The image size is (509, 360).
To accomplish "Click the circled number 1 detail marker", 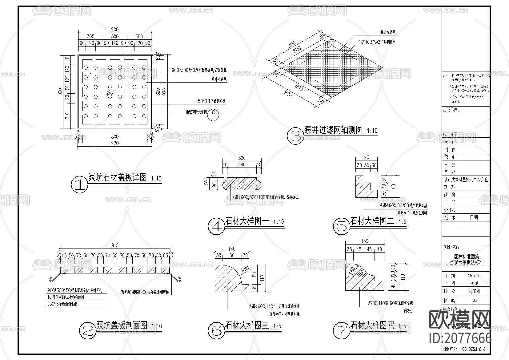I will pyautogui.click(x=79, y=184).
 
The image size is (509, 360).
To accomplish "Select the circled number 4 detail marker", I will pyautogui.click(x=217, y=227).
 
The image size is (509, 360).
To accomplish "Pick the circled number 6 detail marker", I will pyautogui.click(x=216, y=331).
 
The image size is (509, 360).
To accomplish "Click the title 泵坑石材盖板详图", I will pyautogui.click(x=118, y=178).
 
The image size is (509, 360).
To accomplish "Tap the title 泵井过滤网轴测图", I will pyautogui.click(x=334, y=130).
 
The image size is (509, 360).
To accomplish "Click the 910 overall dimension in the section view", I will pyautogui.click(x=114, y=245).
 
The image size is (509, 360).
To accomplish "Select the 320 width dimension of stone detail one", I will pyautogui.click(x=242, y=158).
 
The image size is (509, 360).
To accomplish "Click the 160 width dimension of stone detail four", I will pyautogui.click(x=364, y=241).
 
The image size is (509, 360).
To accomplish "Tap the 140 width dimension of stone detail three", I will pyautogui.click(x=232, y=249).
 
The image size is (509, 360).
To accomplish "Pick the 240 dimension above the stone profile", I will pyautogui.click(x=242, y=164).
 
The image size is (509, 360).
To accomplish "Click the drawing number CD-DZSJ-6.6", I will pyautogui.click(x=474, y=349).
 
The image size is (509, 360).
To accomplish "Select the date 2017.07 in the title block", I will pyautogui.click(x=474, y=275).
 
